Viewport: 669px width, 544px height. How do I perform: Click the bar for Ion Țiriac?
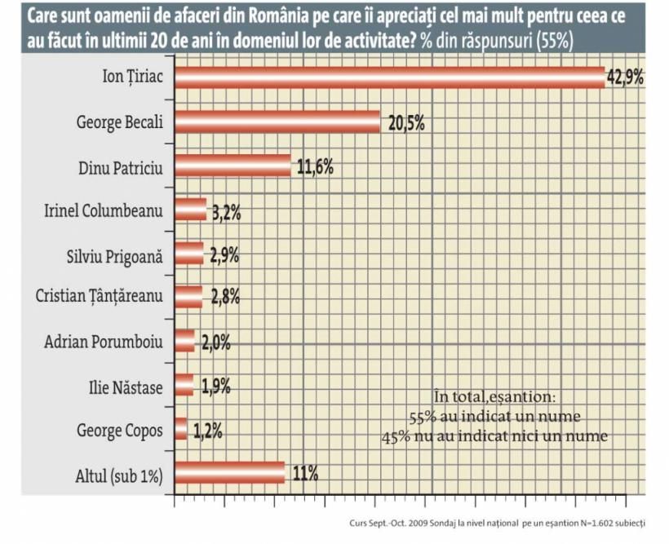click(389, 77)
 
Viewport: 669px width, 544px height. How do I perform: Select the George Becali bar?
click(277, 122)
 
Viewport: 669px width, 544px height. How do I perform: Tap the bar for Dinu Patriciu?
click(233, 166)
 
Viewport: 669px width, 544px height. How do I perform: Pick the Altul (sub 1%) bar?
click(229, 473)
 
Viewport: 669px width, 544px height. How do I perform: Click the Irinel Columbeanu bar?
click(190, 210)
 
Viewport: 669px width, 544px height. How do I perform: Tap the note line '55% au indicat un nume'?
click(494, 416)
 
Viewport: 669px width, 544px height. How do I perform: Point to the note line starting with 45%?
click(494, 436)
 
